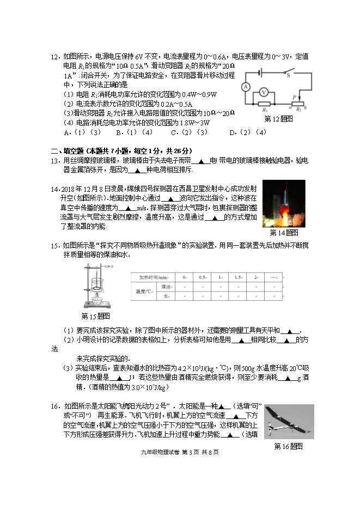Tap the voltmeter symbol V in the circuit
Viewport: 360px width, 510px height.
(264, 92)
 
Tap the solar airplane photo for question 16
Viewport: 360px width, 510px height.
(289, 421)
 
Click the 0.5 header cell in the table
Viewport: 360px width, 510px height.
(202, 277)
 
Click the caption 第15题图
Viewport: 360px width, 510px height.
(95, 315)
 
